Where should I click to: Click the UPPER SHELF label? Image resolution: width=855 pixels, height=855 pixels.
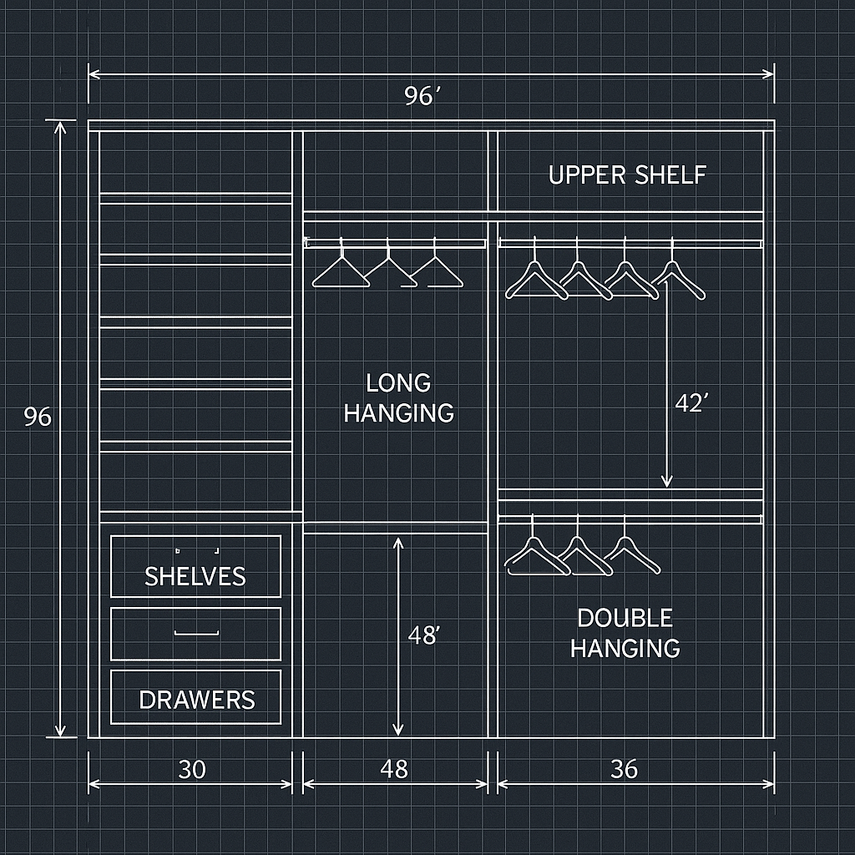coord(627,175)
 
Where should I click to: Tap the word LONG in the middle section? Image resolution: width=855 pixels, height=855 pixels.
coord(398,383)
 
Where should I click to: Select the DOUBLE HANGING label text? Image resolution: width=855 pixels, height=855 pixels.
coord(625,633)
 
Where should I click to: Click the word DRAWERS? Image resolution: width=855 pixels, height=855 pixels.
coord(197,700)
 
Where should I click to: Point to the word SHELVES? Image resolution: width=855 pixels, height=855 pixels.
coord(195,576)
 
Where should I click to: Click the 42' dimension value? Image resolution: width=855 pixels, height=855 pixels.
coord(691,403)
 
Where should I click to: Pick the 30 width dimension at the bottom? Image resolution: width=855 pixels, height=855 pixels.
coord(192,769)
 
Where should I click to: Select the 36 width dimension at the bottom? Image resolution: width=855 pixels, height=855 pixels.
coord(624,769)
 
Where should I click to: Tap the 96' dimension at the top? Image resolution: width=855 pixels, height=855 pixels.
coord(421,97)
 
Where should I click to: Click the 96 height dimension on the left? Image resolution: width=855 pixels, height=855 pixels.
coord(38,417)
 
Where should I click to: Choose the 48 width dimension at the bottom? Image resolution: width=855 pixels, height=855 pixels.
coord(394,769)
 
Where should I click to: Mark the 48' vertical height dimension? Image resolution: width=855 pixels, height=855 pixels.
coord(423,635)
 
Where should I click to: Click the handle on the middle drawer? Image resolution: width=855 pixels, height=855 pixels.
coord(195,634)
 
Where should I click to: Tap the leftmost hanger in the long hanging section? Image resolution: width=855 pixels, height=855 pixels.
coord(341,269)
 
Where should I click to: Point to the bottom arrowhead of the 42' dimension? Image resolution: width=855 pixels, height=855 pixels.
coord(666,481)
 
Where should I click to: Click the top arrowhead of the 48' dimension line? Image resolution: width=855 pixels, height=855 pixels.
coord(398,544)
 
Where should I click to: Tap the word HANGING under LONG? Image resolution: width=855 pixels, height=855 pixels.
coord(398,412)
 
